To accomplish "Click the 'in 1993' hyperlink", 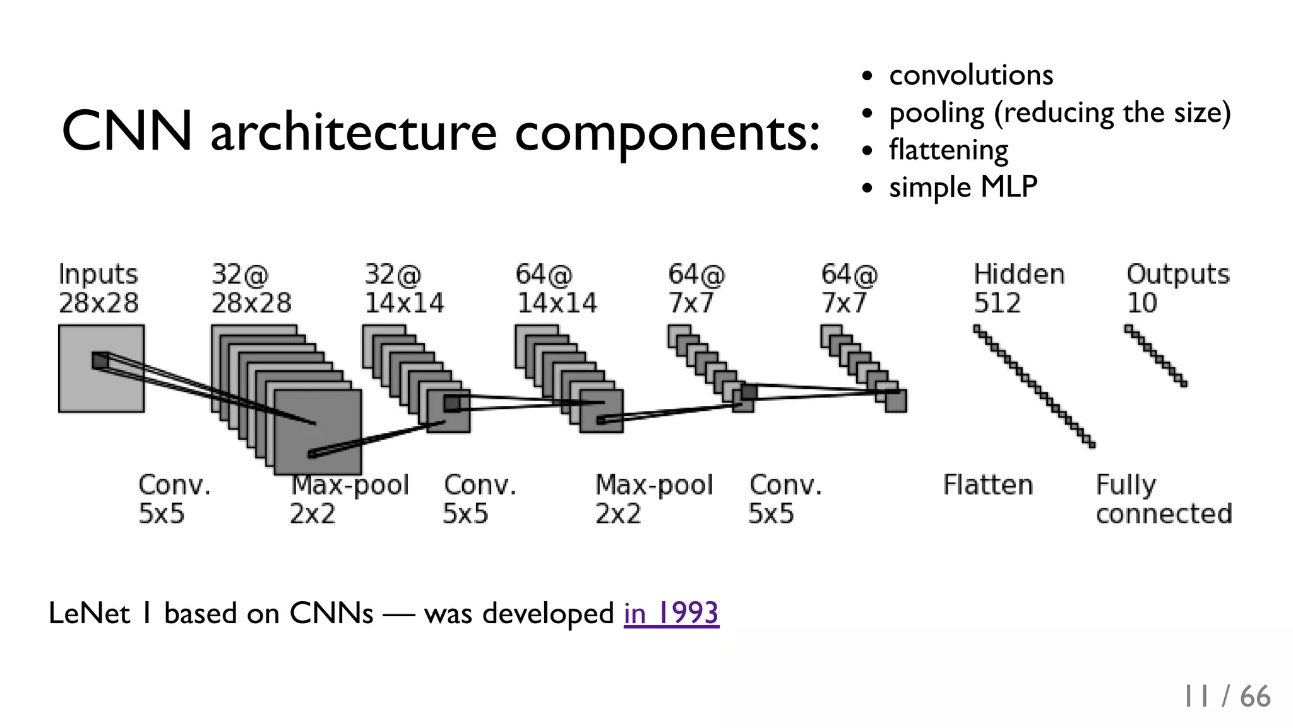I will click(671, 613).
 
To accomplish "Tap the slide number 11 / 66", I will click(1226, 696).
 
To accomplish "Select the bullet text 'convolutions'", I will click(971, 75).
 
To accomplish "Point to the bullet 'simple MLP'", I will click(963, 187).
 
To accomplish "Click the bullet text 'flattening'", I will click(948, 150).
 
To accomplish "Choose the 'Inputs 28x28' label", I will click(98, 289).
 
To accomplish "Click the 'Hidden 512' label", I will click(1018, 289).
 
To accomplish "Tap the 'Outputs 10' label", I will click(1177, 289).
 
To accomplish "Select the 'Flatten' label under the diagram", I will click(988, 486).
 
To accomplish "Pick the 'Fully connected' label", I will click(1164, 499).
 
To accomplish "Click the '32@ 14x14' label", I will click(404, 289).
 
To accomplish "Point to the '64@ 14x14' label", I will click(556, 289).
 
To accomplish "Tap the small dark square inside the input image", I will click(100, 361).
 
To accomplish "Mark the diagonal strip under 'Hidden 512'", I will click(1034, 386).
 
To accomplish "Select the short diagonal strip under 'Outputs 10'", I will click(1155, 355).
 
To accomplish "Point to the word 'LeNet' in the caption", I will click(89, 613).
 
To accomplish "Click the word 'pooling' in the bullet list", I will click(936, 114).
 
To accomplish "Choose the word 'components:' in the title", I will click(667, 133).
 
